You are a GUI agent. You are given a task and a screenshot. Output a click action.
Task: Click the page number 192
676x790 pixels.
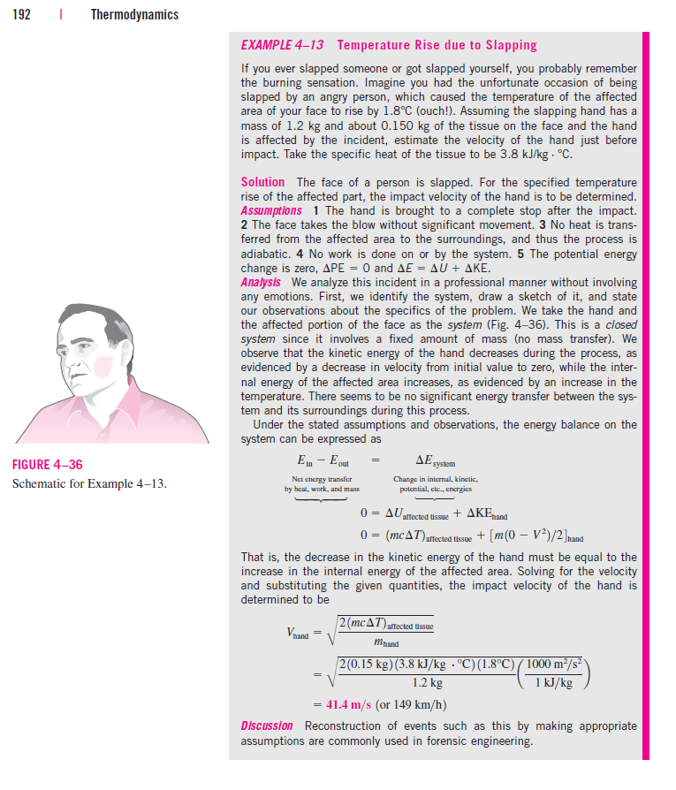coord(21,14)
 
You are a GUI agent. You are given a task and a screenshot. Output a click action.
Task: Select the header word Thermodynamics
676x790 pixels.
coord(134,14)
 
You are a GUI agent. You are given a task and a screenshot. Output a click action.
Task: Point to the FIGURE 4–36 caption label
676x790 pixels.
coord(49,465)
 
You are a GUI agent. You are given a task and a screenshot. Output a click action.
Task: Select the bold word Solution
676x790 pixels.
coord(262,182)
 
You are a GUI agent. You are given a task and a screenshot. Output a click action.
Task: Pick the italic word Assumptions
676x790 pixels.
coord(271,210)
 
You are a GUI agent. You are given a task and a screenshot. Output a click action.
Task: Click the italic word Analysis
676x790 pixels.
coord(261,283)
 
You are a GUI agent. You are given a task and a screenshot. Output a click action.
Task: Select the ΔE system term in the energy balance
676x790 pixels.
coord(436,460)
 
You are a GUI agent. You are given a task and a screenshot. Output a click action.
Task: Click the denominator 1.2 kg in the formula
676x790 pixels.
coord(428,683)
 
